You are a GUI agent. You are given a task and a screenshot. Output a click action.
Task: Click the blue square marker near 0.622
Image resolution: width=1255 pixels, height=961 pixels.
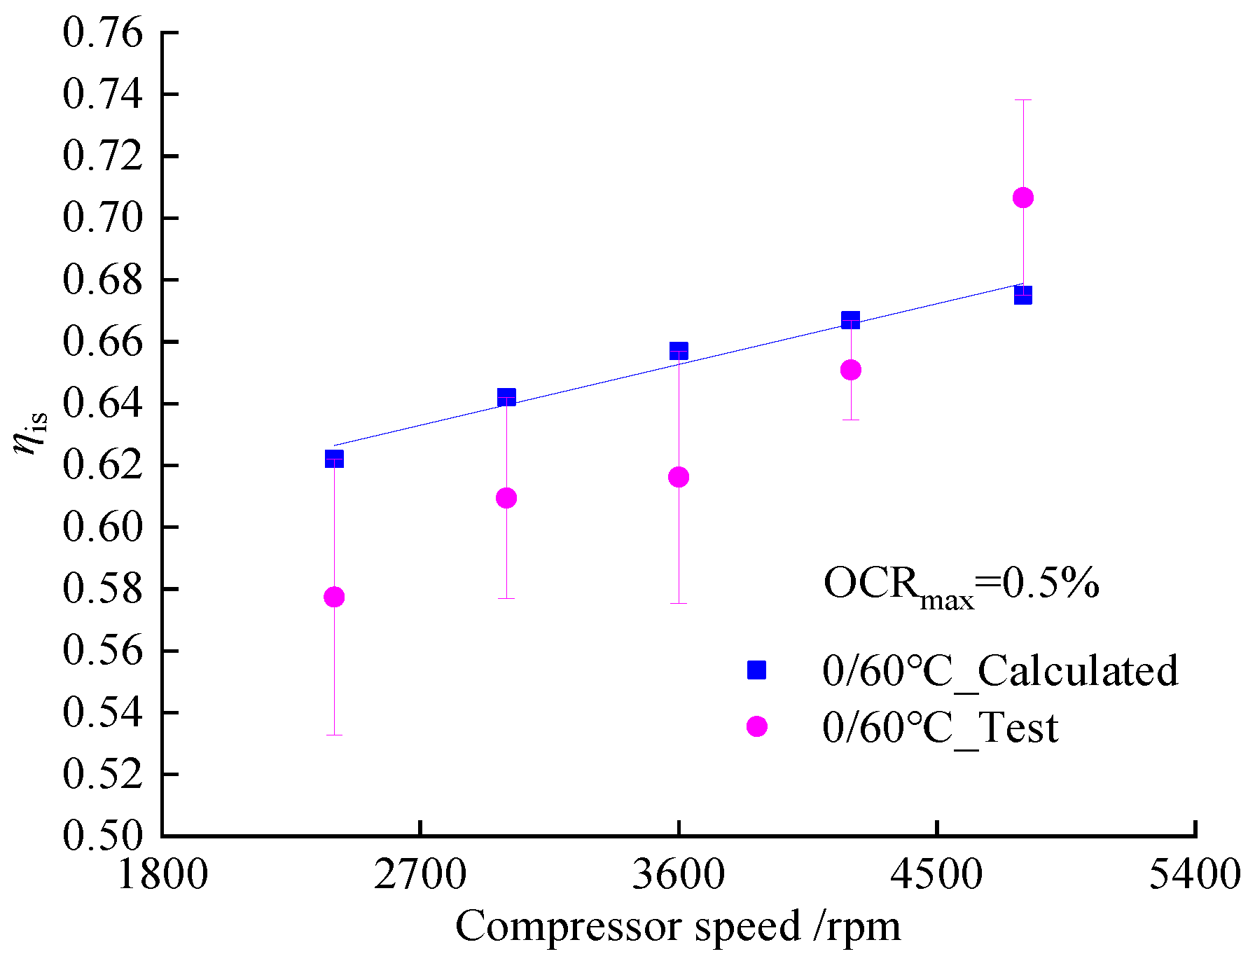point(334,459)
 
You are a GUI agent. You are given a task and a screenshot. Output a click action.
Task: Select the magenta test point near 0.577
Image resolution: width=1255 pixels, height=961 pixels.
point(334,597)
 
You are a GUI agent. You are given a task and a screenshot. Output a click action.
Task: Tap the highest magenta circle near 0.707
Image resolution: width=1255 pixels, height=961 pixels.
point(1023,198)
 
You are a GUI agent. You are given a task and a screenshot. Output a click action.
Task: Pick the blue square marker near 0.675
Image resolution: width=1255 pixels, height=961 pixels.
point(1023,295)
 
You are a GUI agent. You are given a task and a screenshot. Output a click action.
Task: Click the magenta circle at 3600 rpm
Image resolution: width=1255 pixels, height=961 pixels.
point(679,477)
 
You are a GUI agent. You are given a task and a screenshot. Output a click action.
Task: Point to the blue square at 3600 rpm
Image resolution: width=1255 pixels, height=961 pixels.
point(679,350)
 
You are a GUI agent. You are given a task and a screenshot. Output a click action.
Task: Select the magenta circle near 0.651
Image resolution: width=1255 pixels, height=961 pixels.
point(851,370)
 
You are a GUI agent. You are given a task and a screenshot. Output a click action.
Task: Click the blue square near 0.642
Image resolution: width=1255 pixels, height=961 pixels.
point(506,397)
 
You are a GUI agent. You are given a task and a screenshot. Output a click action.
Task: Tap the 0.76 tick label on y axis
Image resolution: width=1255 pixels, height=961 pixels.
point(102,33)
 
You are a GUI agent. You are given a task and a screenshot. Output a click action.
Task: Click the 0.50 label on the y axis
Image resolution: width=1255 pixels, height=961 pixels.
point(102,835)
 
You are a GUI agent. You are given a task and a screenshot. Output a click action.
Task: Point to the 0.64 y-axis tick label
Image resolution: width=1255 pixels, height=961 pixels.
point(102,403)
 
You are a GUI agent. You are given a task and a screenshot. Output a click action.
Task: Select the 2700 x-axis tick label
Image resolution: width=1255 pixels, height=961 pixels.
point(420,876)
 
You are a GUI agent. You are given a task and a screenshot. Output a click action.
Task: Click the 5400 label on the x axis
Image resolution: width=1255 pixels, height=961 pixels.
point(1195,876)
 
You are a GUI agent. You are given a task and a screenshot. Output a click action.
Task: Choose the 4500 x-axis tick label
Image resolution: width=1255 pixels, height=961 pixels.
point(937,876)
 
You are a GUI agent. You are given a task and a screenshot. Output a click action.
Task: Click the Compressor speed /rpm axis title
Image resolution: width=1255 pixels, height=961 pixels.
point(678,927)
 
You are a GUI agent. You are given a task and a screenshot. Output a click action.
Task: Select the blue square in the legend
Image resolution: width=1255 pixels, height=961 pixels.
point(757,670)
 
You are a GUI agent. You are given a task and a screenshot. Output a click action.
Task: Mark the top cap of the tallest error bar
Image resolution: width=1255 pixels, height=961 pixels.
point(1023,100)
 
